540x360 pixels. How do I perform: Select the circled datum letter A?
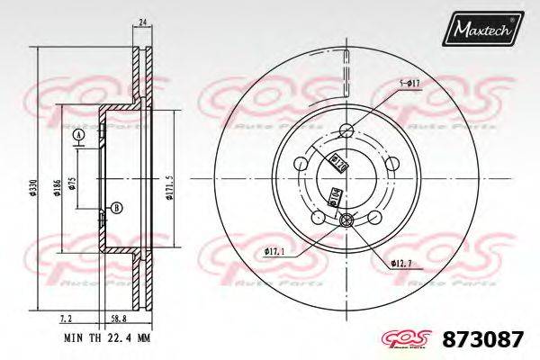click(x=79, y=135)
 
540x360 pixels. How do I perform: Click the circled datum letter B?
click(x=115, y=210)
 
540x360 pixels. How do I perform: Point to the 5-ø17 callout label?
click(x=410, y=84)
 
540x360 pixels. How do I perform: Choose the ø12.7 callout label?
click(x=401, y=263)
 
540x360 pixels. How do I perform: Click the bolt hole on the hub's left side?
click(x=302, y=163)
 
